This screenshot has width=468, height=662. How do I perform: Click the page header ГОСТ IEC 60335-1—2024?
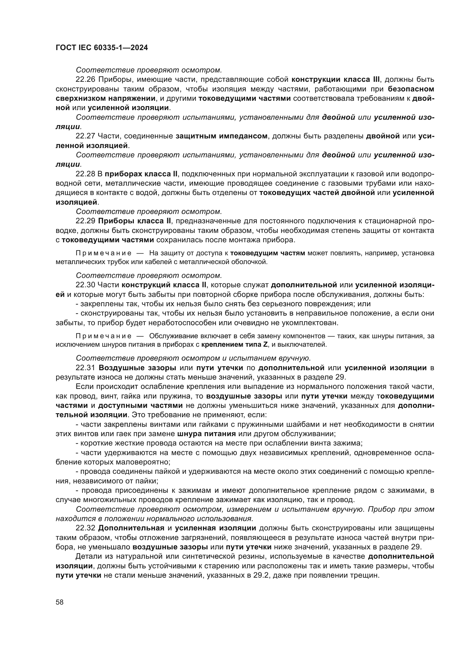point(102,48)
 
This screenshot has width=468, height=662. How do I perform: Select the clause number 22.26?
point(85,80)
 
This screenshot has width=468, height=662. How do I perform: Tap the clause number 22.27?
point(85,136)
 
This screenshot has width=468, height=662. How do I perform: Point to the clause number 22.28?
point(85,174)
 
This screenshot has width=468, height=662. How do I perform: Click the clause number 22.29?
point(85,221)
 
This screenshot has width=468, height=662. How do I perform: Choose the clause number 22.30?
point(85,285)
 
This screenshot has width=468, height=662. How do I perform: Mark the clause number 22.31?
point(85,368)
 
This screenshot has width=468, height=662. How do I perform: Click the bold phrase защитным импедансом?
point(221,136)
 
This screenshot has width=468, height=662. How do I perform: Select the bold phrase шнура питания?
point(206,434)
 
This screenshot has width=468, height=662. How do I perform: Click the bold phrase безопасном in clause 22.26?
point(411,89)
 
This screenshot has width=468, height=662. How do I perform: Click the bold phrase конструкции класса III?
point(336,80)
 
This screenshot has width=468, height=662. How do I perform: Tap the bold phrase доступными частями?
point(140,405)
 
